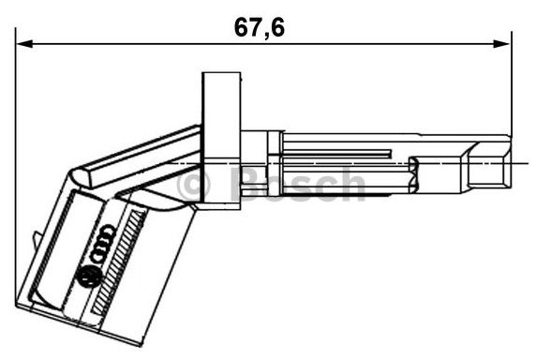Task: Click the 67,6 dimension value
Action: [260, 27]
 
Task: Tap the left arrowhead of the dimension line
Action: [24, 44]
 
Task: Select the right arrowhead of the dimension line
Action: [501, 44]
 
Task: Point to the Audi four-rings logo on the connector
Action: [102, 244]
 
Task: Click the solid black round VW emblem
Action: [90, 277]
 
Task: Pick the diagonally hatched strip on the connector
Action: [118, 262]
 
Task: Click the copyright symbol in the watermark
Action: [193, 185]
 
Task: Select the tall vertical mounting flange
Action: [221, 141]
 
